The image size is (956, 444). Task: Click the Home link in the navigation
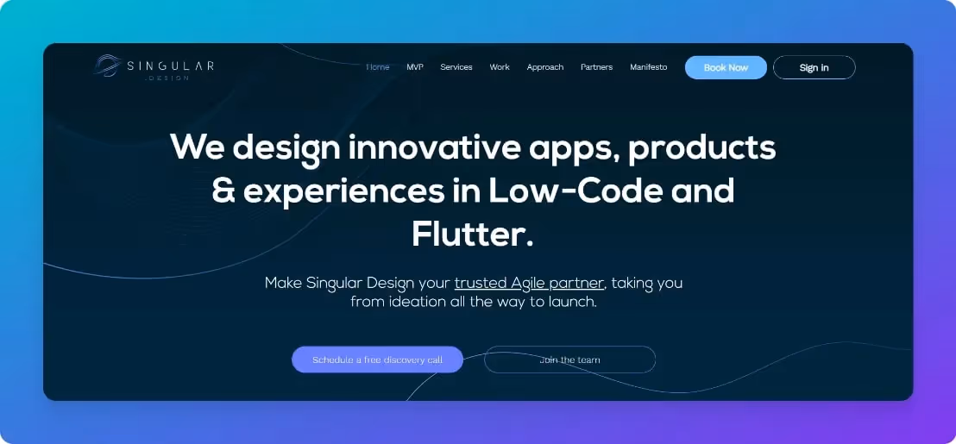[378, 67]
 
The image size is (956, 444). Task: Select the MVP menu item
[415, 67]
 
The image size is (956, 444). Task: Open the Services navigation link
[456, 67]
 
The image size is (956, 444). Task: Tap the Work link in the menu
[500, 67]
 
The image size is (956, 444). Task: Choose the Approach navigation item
[545, 67]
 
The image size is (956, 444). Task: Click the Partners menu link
[596, 67]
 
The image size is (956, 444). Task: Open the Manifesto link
[648, 67]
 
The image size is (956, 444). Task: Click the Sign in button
[814, 67]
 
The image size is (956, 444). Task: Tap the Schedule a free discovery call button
[377, 360]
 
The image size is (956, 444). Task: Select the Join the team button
[569, 360]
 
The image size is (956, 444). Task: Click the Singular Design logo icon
[108, 66]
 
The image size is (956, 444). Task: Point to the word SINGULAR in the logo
[170, 66]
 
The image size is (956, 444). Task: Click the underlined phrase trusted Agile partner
[529, 283]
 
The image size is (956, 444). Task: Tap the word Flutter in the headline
[466, 234]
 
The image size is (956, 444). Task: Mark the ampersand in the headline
[223, 191]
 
